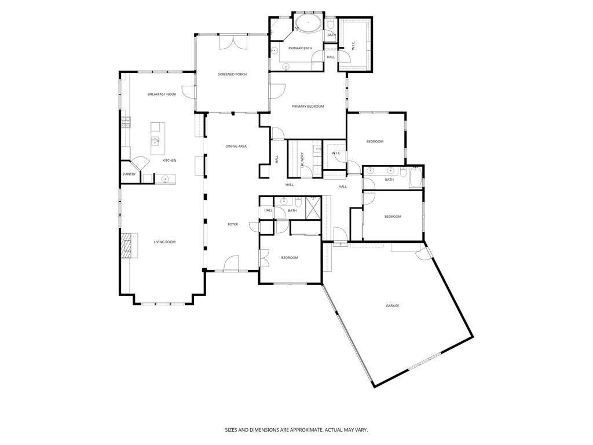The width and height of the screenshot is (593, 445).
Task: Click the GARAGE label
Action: [x=393, y=305]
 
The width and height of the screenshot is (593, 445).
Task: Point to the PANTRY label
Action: [x=129, y=174]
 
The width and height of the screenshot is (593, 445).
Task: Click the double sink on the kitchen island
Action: [x=155, y=140]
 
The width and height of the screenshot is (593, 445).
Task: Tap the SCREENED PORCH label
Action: [x=232, y=74]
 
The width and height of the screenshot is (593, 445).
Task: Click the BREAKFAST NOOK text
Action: [x=162, y=94]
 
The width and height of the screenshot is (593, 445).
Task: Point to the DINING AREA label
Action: [x=236, y=146]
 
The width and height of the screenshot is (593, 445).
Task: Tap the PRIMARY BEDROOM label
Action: [x=308, y=106]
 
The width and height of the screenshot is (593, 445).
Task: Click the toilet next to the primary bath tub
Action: [x=331, y=24]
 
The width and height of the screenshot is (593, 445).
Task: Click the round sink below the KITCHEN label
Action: [x=165, y=179]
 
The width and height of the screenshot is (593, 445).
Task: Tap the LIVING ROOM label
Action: [x=164, y=242]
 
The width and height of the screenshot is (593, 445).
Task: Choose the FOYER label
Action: [x=232, y=224]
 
